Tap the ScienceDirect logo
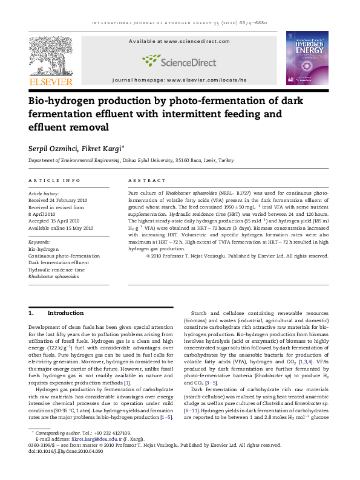tap(179, 60)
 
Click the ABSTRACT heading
tap(146, 180)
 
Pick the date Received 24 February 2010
tap(58, 200)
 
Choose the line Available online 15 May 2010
tap(61, 228)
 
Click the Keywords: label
tap(39, 242)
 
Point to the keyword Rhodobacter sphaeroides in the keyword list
tap(54, 276)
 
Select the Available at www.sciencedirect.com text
tap(179, 41)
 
